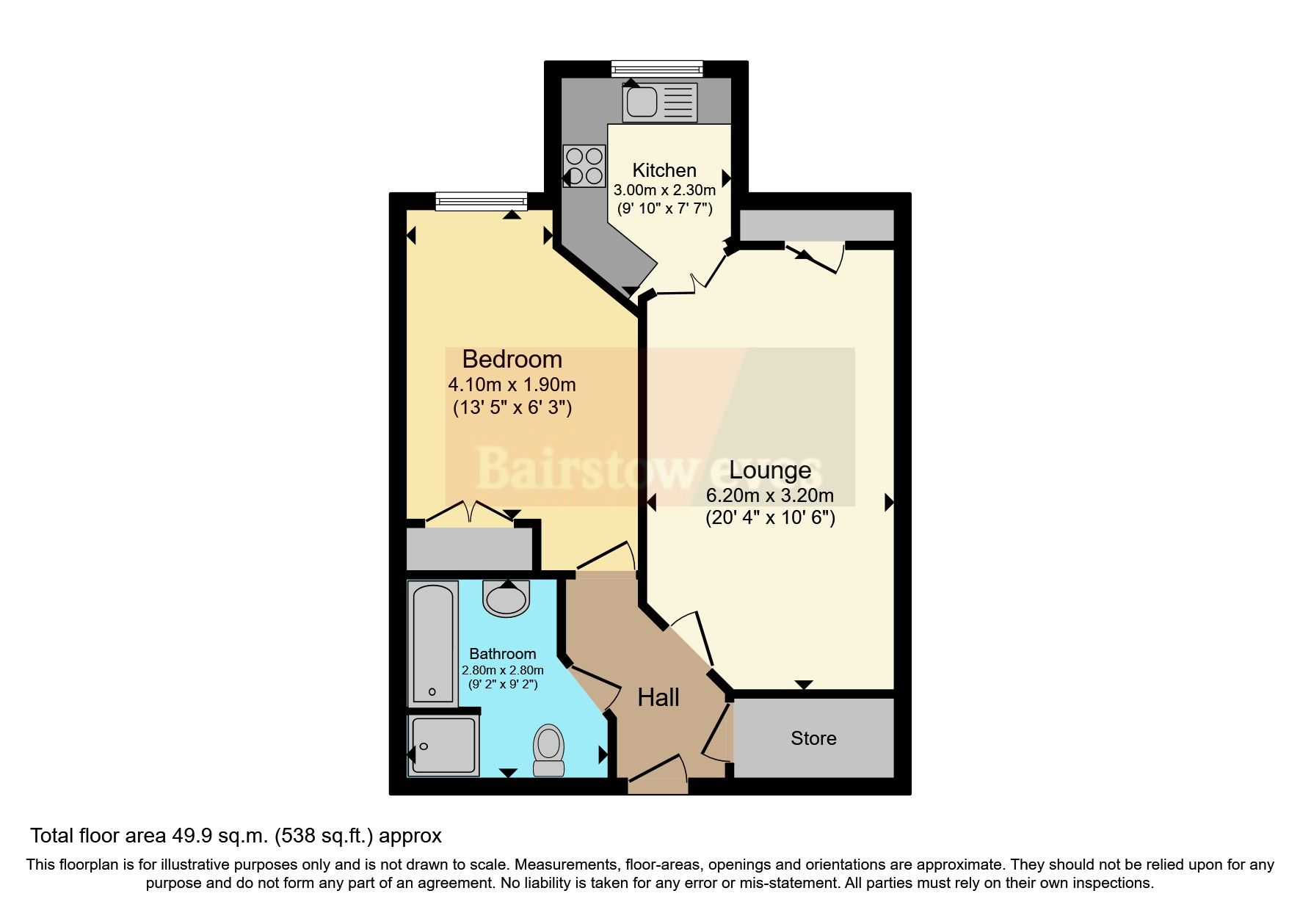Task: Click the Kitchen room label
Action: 664,170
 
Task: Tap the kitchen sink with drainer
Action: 658,101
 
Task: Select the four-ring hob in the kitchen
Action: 584,166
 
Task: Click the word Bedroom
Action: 512,360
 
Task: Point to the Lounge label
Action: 770,470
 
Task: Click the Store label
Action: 813,738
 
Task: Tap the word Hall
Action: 658,697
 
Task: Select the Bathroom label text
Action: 502,654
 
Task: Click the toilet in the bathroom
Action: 548,750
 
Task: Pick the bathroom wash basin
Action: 506,597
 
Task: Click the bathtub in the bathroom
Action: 432,643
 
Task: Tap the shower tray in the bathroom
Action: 443,745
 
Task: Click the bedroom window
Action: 481,200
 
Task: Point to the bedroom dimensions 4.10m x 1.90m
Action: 512,385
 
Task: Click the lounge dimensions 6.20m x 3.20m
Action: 770,495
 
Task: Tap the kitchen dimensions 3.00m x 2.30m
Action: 664,190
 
